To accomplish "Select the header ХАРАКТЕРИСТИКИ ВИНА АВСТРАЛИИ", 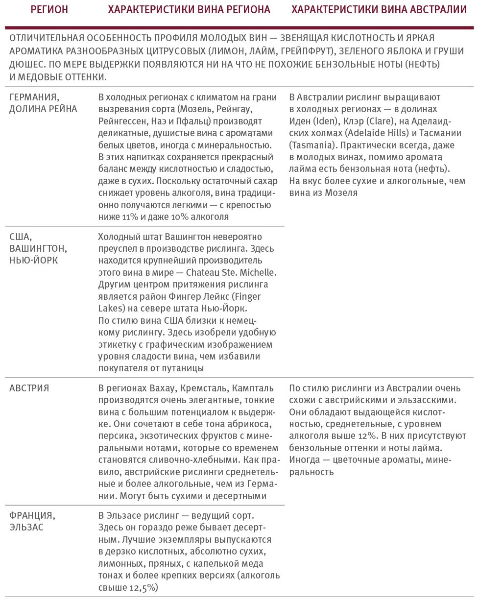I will point(379,9).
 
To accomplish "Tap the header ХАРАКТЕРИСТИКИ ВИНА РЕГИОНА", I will point(189,9).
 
